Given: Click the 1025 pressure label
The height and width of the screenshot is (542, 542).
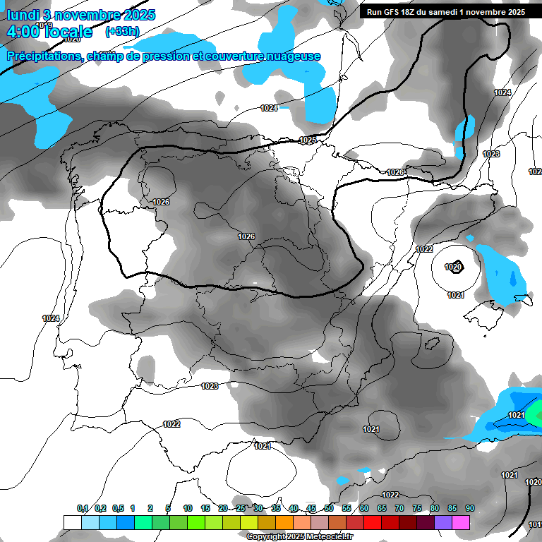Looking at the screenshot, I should [308, 140].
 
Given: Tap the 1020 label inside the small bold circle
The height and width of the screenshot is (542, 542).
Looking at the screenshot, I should [454, 267].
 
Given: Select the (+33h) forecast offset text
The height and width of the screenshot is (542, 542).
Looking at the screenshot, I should [122, 31].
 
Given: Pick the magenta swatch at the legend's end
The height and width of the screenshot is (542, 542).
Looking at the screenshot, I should [461, 522].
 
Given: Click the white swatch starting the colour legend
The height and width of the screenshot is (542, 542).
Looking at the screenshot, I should [72, 522].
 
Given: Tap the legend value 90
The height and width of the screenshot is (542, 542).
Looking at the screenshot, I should [469, 509].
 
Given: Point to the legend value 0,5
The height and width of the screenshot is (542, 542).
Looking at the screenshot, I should [117, 509].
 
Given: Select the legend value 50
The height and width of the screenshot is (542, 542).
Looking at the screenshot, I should [329, 509].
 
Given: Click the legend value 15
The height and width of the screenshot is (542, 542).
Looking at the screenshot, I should [205, 509].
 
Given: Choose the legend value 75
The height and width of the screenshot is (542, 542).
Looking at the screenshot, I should [417, 509].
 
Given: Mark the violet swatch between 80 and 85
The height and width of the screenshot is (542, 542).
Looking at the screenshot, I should [443, 522].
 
